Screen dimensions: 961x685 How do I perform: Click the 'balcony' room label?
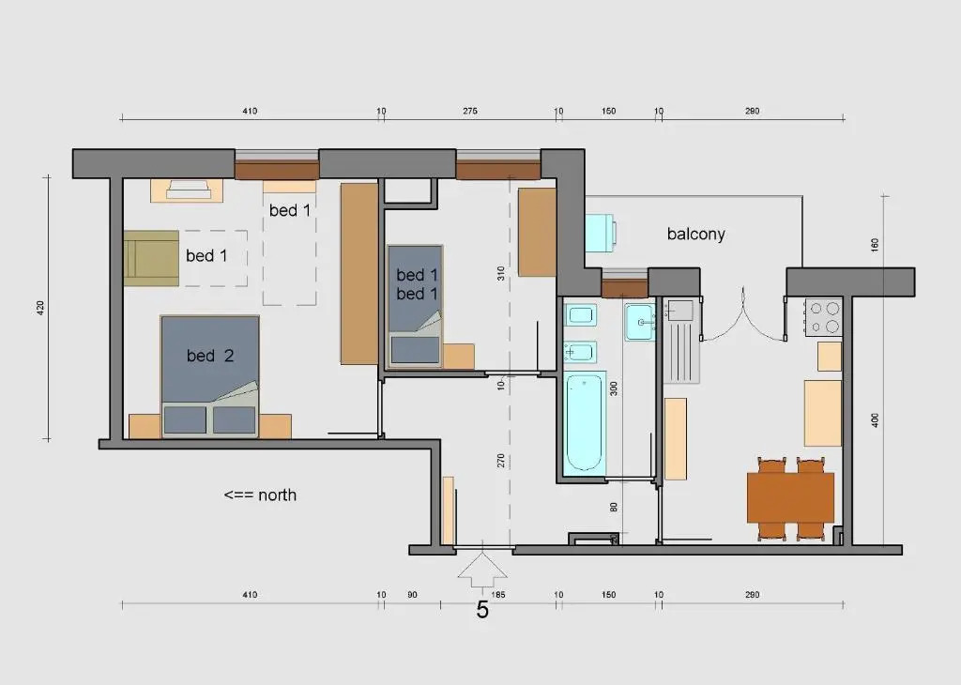pyautogui.click(x=695, y=234)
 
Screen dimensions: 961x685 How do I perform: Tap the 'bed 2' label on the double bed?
pyautogui.click(x=210, y=356)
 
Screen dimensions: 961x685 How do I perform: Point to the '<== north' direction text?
pyautogui.click(x=260, y=495)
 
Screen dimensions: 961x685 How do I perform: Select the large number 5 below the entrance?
pyautogui.click(x=482, y=610)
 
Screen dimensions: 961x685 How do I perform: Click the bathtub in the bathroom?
pyautogui.click(x=584, y=423)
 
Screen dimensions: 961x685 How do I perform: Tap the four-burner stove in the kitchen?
pyautogui.click(x=824, y=317)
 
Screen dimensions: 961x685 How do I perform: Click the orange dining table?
pyautogui.click(x=790, y=497)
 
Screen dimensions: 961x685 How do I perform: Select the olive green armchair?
pyautogui.click(x=151, y=258)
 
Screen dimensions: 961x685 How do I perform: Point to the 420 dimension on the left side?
pyautogui.click(x=40, y=308)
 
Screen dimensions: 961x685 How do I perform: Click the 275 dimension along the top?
pyautogui.click(x=470, y=111)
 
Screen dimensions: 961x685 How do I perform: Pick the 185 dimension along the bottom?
pyautogui.click(x=498, y=594)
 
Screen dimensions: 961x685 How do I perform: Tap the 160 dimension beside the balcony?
pyautogui.click(x=875, y=245)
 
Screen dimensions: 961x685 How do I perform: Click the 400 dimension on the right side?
pyautogui.click(x=875, y=420)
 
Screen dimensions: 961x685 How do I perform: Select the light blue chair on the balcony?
pyautogui.click(x=601, y=233)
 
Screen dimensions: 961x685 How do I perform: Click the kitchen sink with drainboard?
pyautogui.click(x=681, y=341)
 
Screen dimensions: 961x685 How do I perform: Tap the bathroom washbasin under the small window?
pyautogui.click(x=640, y=322)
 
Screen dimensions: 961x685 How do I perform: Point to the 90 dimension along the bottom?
pyautogui.click(x=412, y=594)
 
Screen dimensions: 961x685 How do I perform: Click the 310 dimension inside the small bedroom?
pyautogui.click(x=501, y=273)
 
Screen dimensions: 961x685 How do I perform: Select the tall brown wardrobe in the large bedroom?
pyautogui.click(x=359, y=273)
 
